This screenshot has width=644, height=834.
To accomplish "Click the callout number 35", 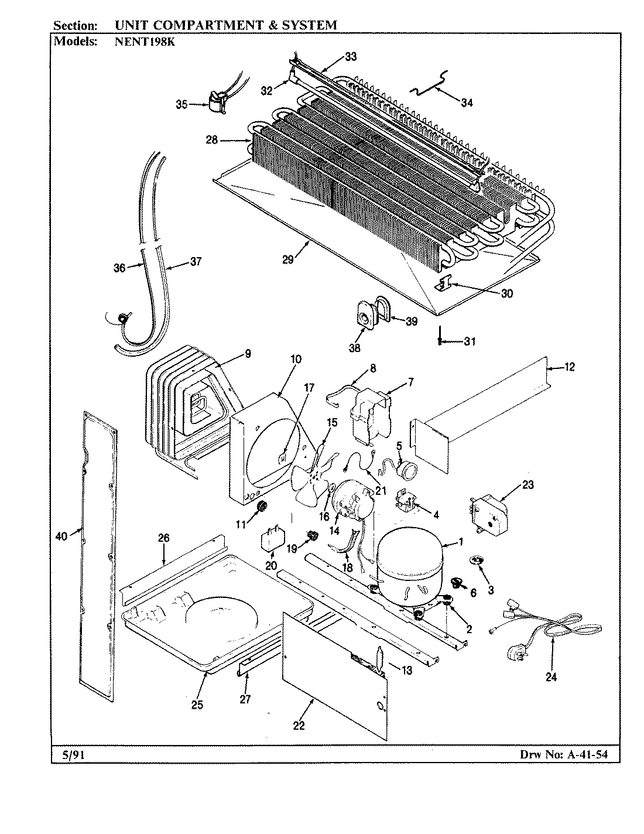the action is coord(181,105).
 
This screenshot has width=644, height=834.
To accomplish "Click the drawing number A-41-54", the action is coord(586,755).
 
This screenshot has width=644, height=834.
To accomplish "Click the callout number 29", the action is coord(287,260).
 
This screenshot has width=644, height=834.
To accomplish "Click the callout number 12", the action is coord(569,367).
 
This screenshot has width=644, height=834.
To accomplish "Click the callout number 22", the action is coord(299,726).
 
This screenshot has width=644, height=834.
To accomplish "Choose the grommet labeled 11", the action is coord(262,506).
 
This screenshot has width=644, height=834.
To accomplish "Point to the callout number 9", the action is coord(248,353).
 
